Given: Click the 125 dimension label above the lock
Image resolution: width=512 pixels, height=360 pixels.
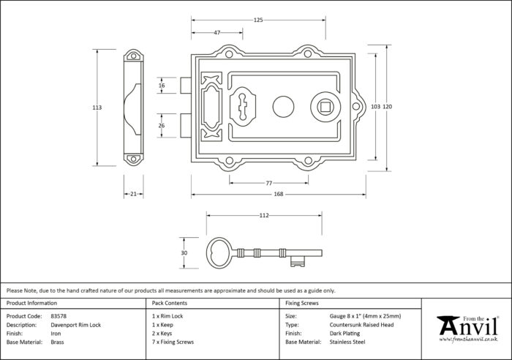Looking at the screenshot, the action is tap(258, 20).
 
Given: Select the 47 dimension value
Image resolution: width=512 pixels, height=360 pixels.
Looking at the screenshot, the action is tap(217, 32).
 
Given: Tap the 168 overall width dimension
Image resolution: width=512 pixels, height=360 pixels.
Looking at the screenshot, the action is tap(279, 194).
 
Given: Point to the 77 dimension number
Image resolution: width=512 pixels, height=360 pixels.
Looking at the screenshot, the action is tap(268, 183).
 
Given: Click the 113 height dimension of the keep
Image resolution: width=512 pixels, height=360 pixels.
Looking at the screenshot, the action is tap(97, 108).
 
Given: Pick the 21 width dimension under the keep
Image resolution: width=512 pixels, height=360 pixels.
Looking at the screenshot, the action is tap(133, 194).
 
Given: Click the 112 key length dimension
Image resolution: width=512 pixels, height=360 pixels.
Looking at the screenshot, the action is tap(264, 215).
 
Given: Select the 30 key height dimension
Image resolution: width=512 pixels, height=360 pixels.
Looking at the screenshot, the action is tap(184, 253).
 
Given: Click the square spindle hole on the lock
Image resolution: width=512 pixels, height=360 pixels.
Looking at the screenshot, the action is tap(325, 107).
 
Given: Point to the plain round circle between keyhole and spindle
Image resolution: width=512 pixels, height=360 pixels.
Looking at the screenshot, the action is tap(284, 107).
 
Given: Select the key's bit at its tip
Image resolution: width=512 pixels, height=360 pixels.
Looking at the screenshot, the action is tap(298, 261).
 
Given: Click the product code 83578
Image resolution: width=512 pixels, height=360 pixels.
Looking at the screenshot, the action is tap(59, 316).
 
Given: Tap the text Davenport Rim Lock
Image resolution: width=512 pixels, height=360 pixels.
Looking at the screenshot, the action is tap(76, 325).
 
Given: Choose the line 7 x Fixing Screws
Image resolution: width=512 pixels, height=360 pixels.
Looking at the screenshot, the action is tap(173, 342).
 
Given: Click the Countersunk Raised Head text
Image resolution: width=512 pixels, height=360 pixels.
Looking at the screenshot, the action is tap(361, 325).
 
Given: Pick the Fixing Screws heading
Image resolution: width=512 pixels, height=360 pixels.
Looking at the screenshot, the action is tap(301, 303).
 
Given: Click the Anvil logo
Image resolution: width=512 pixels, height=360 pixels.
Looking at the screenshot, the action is tap(468, 329).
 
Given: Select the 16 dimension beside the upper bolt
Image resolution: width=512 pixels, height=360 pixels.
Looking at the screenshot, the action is tap(162, 86).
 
